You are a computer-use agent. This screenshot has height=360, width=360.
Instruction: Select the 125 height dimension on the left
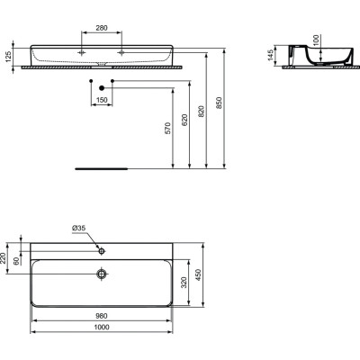[9, 56]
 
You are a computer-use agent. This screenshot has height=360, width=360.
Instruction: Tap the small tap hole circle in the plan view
[102, 247]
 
